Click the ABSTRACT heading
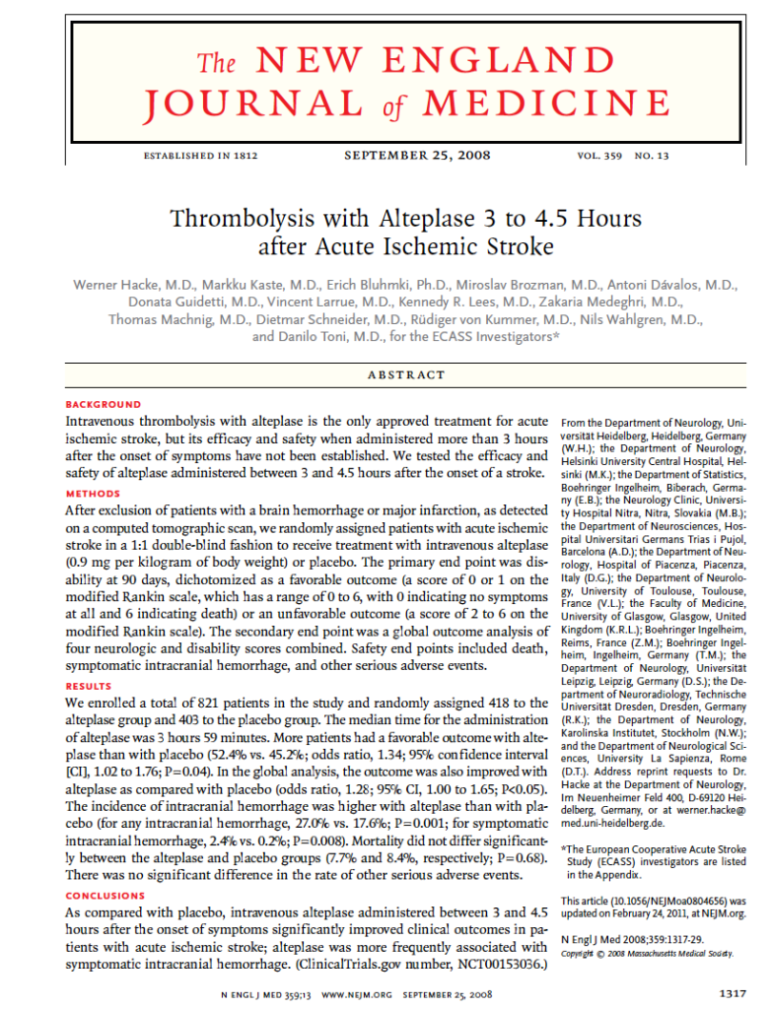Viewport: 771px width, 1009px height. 405,374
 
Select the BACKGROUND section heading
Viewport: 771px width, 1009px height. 103,404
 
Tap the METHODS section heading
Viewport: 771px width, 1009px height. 93,494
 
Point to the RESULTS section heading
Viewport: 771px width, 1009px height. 89,686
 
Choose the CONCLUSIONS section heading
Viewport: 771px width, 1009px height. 105,896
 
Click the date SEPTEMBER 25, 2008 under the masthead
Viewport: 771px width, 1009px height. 417,155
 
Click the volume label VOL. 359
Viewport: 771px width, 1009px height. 599,156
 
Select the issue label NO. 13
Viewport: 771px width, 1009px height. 652,156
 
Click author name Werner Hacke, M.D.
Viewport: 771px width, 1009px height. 133,284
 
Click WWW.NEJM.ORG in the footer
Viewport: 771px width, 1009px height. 358,995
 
